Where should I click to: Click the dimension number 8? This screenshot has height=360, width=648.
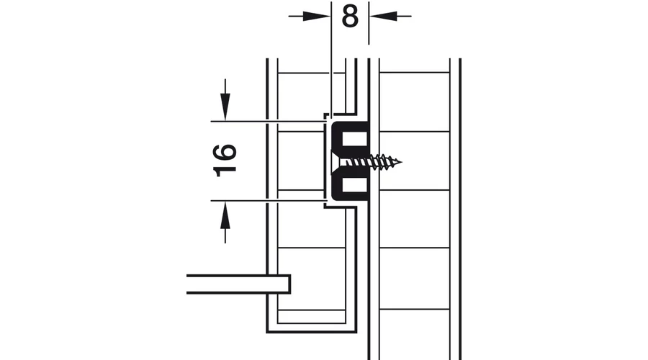350,17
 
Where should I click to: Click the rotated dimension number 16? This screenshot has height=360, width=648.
225,161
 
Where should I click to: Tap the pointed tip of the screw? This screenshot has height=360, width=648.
401,161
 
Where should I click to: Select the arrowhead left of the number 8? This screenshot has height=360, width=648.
317,16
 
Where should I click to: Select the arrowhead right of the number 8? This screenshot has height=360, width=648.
383,16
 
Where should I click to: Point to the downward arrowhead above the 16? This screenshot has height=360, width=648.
225,107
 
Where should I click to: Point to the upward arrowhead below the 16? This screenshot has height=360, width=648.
225,215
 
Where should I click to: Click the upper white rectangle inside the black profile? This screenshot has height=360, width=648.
354,138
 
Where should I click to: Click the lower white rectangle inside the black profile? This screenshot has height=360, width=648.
354,184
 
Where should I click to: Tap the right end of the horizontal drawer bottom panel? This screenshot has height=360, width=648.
289,284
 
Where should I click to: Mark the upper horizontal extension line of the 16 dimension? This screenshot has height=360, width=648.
267,122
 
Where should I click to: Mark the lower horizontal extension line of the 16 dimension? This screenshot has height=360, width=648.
267,201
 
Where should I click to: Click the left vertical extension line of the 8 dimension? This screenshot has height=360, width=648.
331,58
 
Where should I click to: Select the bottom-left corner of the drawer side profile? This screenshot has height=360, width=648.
267,331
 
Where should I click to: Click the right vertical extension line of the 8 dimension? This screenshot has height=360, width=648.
369,23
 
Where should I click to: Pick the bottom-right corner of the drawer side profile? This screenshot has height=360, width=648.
356,331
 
